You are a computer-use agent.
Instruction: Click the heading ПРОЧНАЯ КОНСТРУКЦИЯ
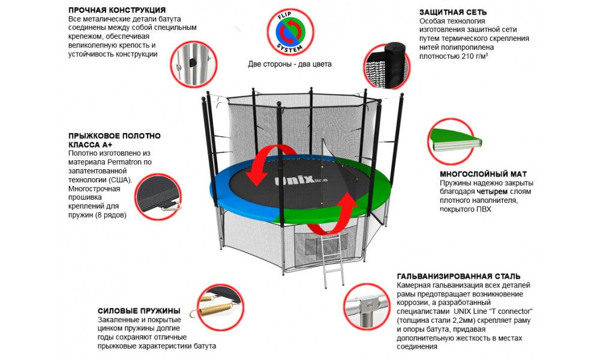(x=117, y=11)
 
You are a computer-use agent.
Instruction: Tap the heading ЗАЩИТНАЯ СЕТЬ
(x=452, y=12)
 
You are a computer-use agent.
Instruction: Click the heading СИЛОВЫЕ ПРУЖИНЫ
(x=139, y=311)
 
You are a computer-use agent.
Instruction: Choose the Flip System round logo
(x=289, y=31)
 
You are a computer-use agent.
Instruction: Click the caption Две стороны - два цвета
(x=289, y=64)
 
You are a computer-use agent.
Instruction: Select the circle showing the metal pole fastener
(x=191, y=64)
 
